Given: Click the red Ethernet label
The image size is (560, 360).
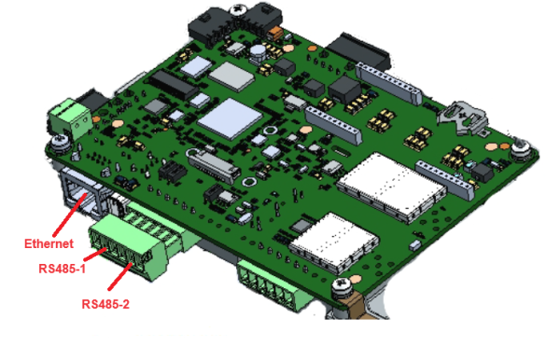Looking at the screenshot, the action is tap(49, 243).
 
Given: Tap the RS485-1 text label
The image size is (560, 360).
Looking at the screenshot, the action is tap(63, 269).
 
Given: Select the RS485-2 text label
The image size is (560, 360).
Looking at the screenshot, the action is tap(105, 304).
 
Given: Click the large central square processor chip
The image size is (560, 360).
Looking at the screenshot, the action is tap(230, 118).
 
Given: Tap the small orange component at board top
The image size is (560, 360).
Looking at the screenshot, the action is tap(275, 33).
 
